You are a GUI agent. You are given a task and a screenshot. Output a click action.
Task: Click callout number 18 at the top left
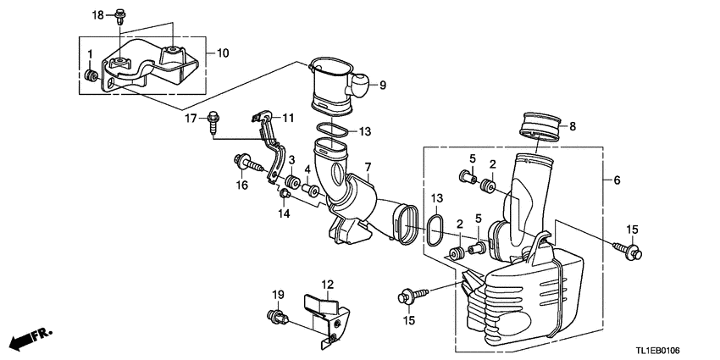point(98,15)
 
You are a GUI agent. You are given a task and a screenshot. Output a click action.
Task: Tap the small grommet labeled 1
point(91,79)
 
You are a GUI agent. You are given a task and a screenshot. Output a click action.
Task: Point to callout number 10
point(223,53)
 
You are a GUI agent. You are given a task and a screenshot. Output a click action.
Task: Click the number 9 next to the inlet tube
point(382,84)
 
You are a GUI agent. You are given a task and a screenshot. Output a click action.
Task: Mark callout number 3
point(291,161)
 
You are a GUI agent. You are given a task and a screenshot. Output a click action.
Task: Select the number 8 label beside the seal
point(572,127)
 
